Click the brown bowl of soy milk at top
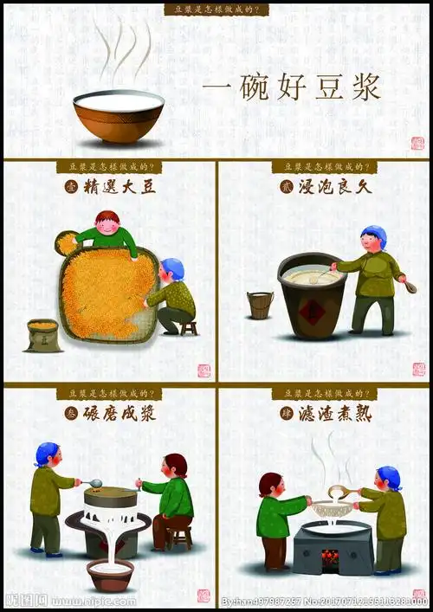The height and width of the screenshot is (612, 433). point(118,116)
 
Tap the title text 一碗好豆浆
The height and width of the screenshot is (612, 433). point(293,89)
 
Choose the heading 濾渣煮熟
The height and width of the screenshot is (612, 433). point(335,414)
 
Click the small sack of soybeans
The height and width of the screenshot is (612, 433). point(42,335)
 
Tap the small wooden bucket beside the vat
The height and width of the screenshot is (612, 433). point(260,305)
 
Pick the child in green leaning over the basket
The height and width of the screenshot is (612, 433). point(106,233)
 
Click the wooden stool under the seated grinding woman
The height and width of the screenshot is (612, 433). point(180,537)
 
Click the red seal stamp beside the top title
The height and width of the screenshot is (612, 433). point(417,143)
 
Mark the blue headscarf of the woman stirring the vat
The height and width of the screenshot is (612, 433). point(374,234)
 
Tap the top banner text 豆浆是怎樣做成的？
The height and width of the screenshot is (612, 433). point(216,10)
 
